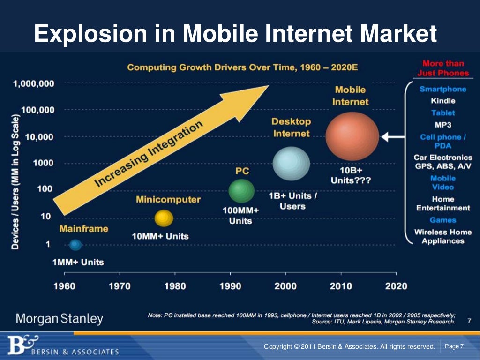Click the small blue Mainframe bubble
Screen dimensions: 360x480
pos(75,244)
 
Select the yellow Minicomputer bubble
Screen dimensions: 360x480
pos(164,218)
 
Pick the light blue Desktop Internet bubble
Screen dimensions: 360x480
pos(291,163)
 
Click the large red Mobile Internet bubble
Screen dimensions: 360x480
pos(352,136)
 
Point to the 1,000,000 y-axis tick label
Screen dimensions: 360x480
pos(34,84)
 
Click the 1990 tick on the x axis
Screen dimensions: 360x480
pos(230,286)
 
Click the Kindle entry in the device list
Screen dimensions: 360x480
pos(443,101)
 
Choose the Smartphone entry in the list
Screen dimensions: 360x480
pos(443,89)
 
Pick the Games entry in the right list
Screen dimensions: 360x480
pos(443,220)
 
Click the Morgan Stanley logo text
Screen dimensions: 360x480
pos(60,319)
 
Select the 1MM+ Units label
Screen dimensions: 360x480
pos(78,262)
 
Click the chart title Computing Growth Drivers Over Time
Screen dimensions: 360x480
pos(242,67)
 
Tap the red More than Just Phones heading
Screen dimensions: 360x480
pos(443,68)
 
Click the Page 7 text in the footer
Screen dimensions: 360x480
pos(454,346)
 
